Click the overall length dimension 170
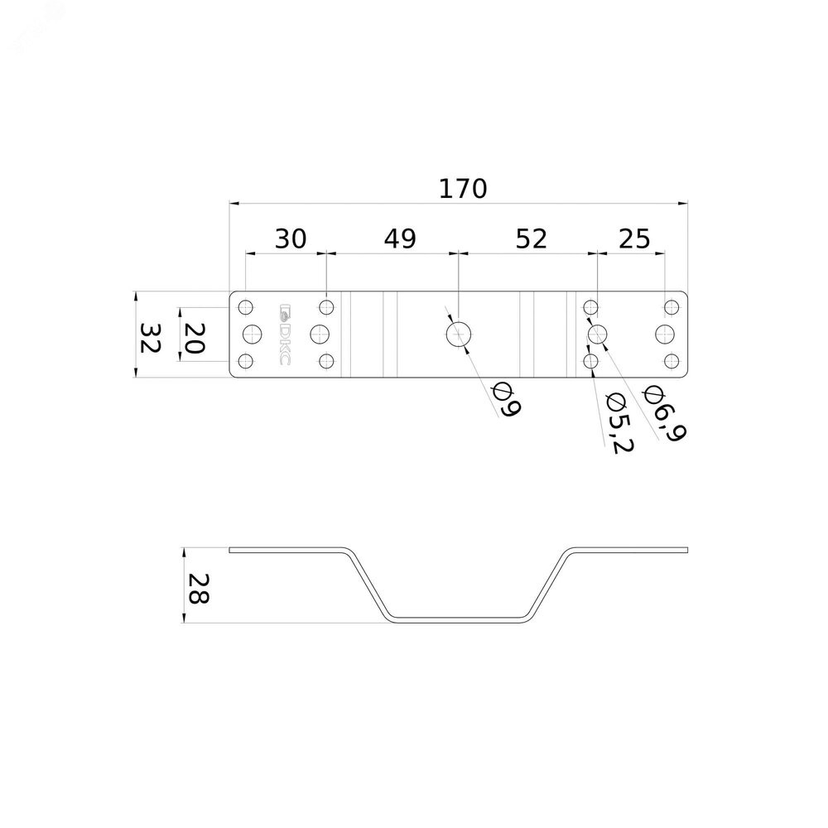tap(463, 189)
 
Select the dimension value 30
tap(291, 238)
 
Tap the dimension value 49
tap(400, 238)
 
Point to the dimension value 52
tap(531, 238)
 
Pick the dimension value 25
tap(634, 238)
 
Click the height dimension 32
tap(150, 338)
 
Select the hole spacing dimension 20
tap(193, 338)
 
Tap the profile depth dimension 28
tap(199, 588)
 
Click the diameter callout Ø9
tap(506, 400)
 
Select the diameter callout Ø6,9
tap(664, 414)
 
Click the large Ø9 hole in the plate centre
tap(459, 335)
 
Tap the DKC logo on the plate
tap(284, 334)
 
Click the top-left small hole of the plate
tap(246, 307)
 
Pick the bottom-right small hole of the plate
tap(672, 361)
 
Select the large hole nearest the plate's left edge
tap(253, 334)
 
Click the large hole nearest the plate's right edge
tap(665, 334)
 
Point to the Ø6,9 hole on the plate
tap(597, 334)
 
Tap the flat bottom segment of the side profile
tap(459, 618)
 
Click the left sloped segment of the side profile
tap(368, 584)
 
